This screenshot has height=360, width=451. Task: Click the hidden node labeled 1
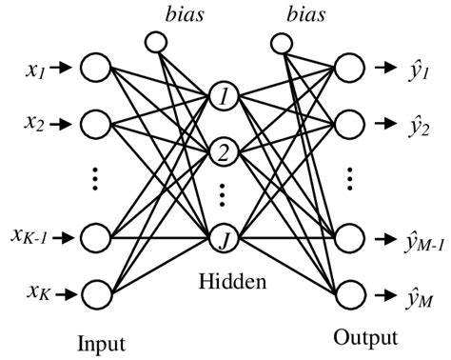pyautogui.click(x=221, y=97)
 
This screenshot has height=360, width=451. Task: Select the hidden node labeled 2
pyautogui.click(x=221, y=150)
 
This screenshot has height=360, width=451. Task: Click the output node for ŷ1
pyautogui.click(x=348, y=68)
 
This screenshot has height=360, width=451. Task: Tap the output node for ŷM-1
pyautogui.click(x=348, y=234)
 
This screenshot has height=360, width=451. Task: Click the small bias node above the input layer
pyautogui.click(x=155, y=42)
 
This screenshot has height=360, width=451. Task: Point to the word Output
pyautogui.click(x=364, y=337)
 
